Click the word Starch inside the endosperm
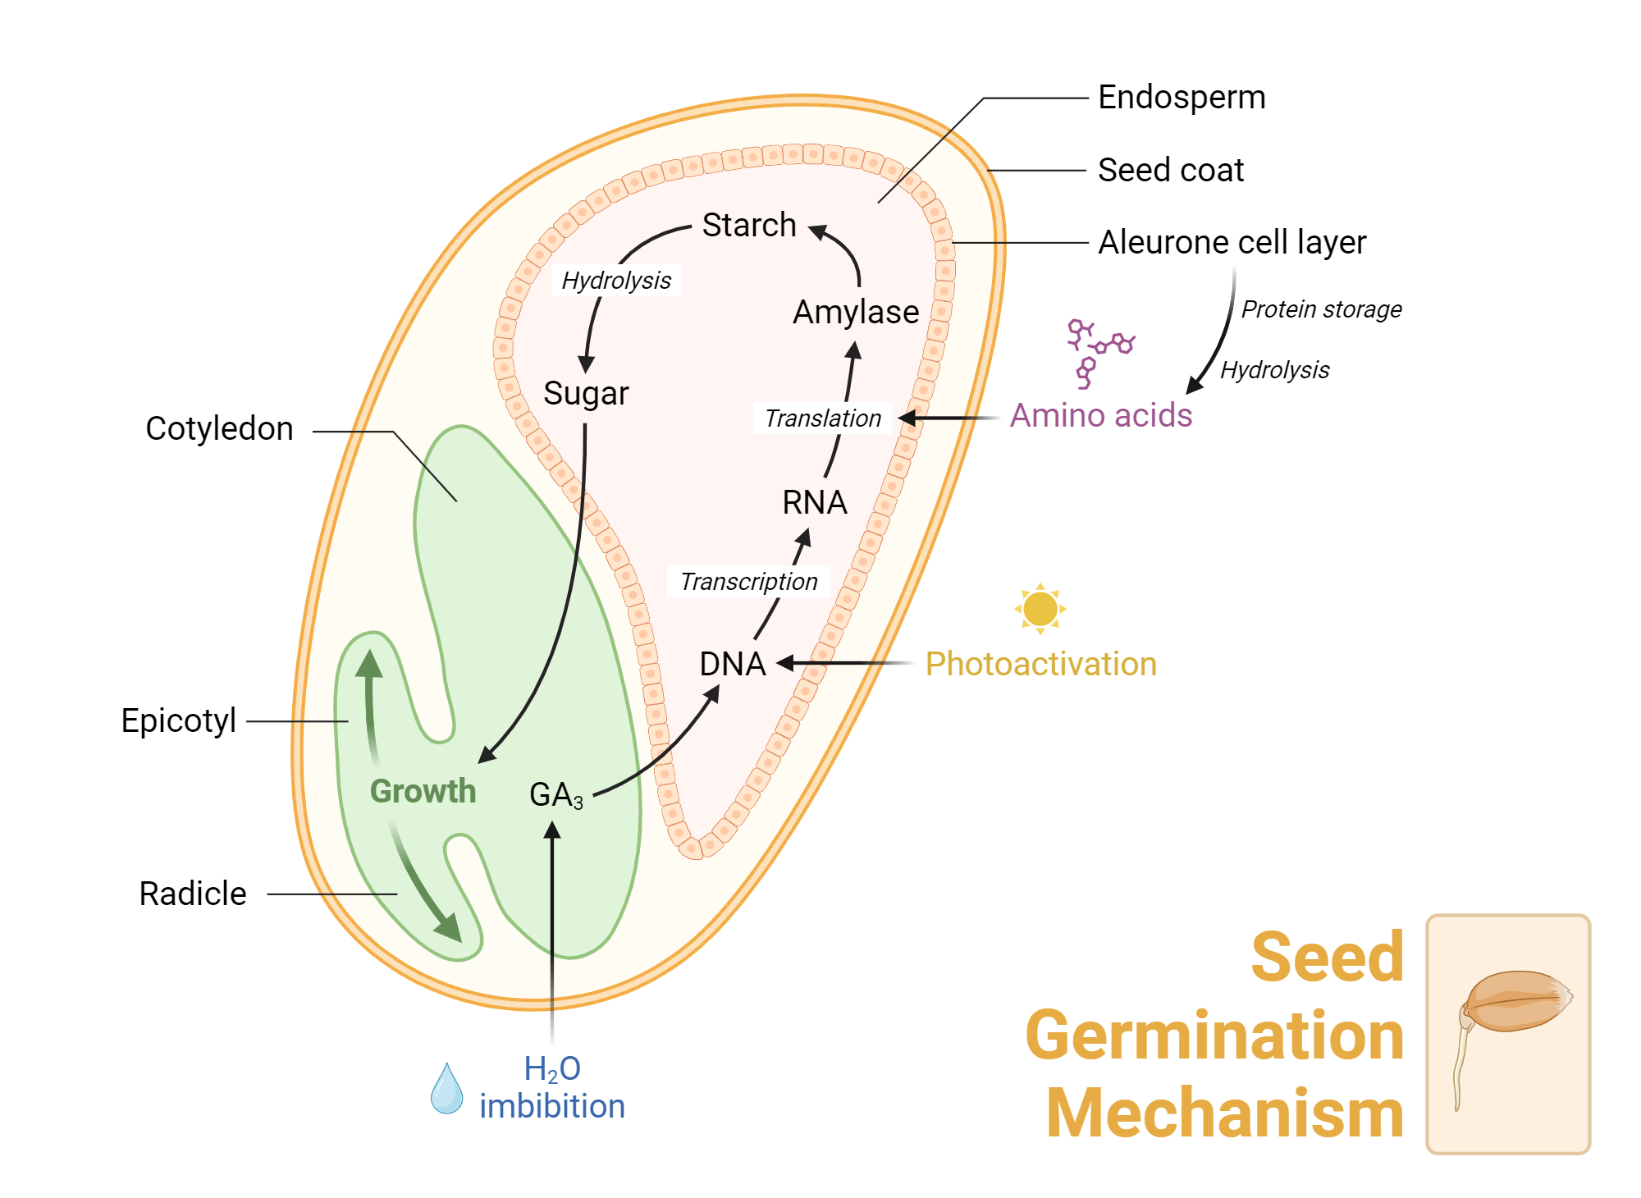tap(749, 225)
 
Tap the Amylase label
tap(856, 313)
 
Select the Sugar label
tap(586, 394)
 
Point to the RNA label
tap(814, 502)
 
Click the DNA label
tap(732, 664)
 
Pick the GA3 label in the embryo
tap(555, 795)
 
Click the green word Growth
tap(423, 791)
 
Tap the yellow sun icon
tap(1040, 609)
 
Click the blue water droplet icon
tap(446, 1089)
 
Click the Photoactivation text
tap(1040, 664)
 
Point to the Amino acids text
tap(1100, 415)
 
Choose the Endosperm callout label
tap(1181, 98)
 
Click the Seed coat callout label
tap(1170, 171)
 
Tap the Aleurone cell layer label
tap(1232, 243)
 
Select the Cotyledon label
tap(219, 429)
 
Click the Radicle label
tap(193, 894)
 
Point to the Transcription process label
tap(748, 582)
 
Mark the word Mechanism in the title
tap(1224, 1113)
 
